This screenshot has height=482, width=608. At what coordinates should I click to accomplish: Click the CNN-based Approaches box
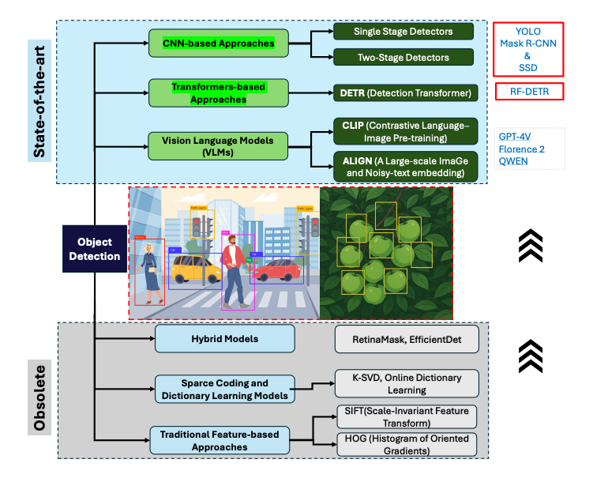pyautogui.click(x=218, y=43)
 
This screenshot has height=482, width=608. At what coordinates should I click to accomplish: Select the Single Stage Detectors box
pyautogui.click(x=403, y=31)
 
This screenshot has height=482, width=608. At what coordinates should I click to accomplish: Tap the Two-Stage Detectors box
pyautogui.click(x=403, y=57)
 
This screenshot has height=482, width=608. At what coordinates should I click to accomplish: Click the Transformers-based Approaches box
pyautogui.click(x=218, y=93)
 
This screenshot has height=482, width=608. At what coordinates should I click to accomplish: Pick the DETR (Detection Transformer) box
pyautogui.click(x=403, y=93)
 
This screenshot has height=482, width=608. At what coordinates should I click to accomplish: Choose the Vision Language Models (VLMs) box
pyautogui.click(x=218, y=145)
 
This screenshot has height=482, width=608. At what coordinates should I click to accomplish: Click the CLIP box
pyautogui.click(x=403, y=130)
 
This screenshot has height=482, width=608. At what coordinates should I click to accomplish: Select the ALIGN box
pyautogui.click(x=403, y=167)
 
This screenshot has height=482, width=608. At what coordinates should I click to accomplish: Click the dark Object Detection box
pyautogui.click(x=95, y=249)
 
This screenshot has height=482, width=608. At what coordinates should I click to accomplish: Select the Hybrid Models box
pyautogui.click(x=224, y=339)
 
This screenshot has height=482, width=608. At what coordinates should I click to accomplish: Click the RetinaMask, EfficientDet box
pyautogui.click(x=406, y=340)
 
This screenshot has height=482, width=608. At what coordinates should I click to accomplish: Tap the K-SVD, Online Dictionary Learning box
pyautogui.click(x=406, y=383)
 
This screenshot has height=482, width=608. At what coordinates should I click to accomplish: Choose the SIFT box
pyautogui.click(x=406, y=416)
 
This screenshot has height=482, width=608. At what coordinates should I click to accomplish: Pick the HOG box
pyautogui.click(x=406, y=444)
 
